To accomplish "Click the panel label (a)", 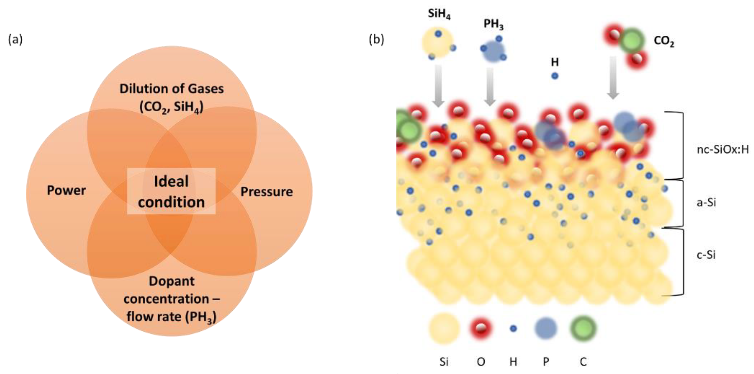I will click(x=15, y=40).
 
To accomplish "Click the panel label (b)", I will click(x=376, y=40).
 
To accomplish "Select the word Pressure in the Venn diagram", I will click(x=266, y=192).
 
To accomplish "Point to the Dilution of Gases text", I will click(x=171, y=89).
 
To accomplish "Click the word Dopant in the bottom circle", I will click(x=171, y=281).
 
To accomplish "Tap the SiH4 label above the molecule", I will click(x=439, y=14).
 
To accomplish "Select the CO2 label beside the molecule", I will click(x=664, y=41).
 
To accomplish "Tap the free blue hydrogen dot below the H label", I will click(x=555, y=76).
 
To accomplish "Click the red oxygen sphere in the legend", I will click(x=480, y=328).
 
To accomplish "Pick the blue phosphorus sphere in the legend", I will click(x=545, y=328).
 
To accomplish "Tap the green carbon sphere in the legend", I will click(x=583, y=328).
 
